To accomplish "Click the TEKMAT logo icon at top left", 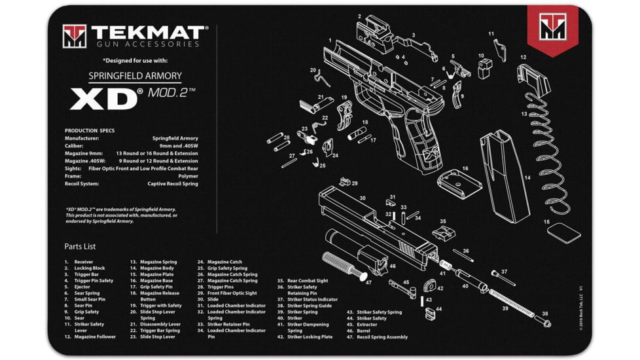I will pyautogui.click(x=74, y=36).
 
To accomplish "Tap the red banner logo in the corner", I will pyautogui.click(x=552, y=27).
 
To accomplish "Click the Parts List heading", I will pyautogui.click(x=80, y=247).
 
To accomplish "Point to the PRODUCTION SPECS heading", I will pyautogui.click(x=90, y=130).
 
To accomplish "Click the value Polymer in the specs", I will pyautogui.click(x=187, y=176).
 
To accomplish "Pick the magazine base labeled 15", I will pyautogui.click(x=563, y=232).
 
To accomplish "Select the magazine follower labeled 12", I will pyautogui.click(x=533, y=77).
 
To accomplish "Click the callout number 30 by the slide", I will pyautogui.click(x=362, y=198).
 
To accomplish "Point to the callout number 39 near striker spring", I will pyautogui.click(x=505, y=308).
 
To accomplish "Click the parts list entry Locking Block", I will pyautogui.click(x=89, y=268).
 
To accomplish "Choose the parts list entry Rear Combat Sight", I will pyautogui.click(x=308, y=280).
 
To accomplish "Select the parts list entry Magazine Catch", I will pyautogui.click(x=224, y=261).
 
